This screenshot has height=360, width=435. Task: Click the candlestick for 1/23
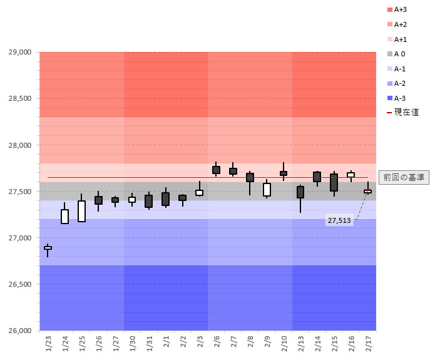click(x=48, y=248)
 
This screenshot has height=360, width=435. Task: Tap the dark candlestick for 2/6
click(x=216, y=170)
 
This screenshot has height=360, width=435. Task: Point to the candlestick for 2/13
click(x=300, y=192)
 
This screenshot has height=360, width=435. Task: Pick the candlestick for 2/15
click(x=334, y=182)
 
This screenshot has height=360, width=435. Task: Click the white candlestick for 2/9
click(x=267, y=190)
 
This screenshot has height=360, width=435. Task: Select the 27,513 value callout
click(x=340, y=220)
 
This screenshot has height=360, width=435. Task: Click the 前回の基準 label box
click(x=404, y=178)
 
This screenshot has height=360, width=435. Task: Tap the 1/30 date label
click(x=132, y=344)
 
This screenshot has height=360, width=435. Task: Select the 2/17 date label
click(x=368, y=344)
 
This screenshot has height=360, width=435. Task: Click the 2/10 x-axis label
click(x=284, y=344)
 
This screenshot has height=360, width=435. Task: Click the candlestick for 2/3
click(x=199, y=193)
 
